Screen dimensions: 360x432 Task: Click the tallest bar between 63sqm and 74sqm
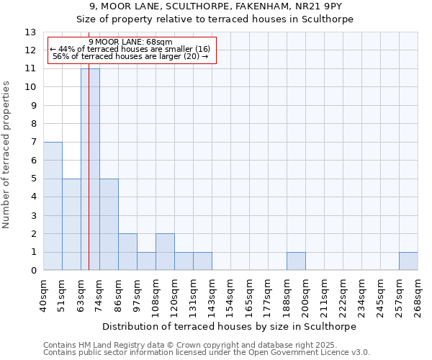tap(90, 169)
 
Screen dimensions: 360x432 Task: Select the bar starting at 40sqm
tap(53, 206)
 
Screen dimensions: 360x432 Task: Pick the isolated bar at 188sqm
tap(296, 261)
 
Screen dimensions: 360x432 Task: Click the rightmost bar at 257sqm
tap(408, 261)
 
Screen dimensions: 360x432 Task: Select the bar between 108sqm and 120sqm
tap(165, 252)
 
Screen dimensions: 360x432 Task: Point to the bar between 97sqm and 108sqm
tap(146, 261)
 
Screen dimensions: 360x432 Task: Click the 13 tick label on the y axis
tap(30, 32)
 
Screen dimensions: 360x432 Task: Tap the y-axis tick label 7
tap(32, 143)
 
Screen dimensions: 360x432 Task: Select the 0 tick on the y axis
tap(32, 271)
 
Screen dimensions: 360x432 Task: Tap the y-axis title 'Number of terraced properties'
tap(7, 155)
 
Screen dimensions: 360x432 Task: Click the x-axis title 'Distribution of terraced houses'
tap(230, 326)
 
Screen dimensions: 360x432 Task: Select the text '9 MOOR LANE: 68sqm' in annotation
tap(131, 42)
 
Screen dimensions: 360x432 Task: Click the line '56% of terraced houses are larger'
tap(131, 56)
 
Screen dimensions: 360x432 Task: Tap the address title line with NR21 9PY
tap(215, 6)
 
